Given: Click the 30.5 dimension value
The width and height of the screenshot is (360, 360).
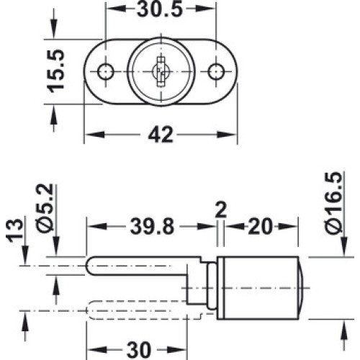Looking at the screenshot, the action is [x=160, y=9].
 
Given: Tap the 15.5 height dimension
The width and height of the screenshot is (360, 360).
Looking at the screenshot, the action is [x=56, y=71].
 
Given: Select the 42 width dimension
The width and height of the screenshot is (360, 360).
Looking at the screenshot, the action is [x=161, y=135].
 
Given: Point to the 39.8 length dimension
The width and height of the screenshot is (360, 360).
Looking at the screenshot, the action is [x=152, y=227].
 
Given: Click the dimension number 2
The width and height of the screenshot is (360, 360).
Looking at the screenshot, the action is [x=221, y=210].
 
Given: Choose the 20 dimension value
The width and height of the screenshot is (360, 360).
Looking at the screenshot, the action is [x=261, y=227].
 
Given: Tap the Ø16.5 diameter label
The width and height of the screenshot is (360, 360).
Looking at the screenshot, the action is [x=333, y=203].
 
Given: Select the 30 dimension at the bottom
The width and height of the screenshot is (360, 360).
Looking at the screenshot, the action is [x=139, y=350].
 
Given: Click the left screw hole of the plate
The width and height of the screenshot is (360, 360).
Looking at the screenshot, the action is [x=106, y=71].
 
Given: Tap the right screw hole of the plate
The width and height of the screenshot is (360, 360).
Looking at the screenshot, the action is [x=216, y=71].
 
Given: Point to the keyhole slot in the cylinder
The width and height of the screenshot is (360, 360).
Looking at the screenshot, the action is [x=161, y=71].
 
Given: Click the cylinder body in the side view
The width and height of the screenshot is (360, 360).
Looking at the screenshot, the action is [x=258, y=288].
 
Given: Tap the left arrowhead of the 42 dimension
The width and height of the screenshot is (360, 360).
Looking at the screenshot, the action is [x=95, y=135].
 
